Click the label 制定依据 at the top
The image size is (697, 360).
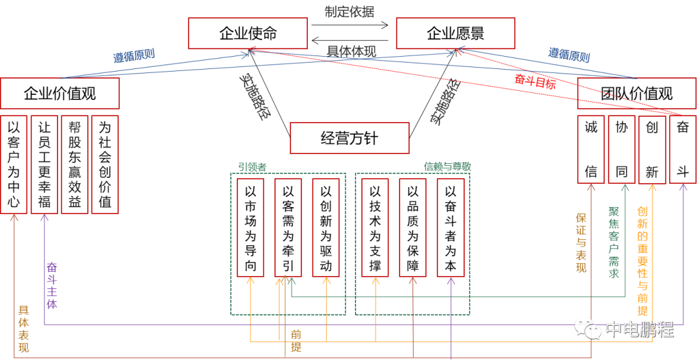pyautogui.click(x=349, y=12)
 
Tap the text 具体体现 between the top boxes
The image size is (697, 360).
pyautogui.click(x=351, y=51)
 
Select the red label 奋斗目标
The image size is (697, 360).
pyautogui.click(x=535, y=81)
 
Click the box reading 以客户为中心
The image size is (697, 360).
pyautogui.click(x=14, y=165)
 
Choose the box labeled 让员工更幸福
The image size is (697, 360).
pyautogui.click(x=45, y=165)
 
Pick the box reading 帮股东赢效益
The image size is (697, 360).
pyautogui.click(x=75, y=165)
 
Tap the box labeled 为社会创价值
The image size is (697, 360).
pyautogui.click(x=105, y=165)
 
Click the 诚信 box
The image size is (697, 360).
pyautogui.click(x=591, y=150)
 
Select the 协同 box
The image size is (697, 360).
pyautogui.click(x=621, y=150)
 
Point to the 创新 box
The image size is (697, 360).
pyautogui.click(x=652, y=150)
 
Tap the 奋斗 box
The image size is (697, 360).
pyautogui.click(x=683, y=150)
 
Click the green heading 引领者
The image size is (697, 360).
pyautogui.click(x=252, y=167)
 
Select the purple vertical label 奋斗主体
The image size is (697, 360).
pyautogui.click(x=52, y=285)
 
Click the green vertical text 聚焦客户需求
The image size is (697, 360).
pyautogui.click(x=614, y=243)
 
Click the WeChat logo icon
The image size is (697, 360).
pyautogui.click(x=587, y=328)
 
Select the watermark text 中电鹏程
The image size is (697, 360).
pyautogui.click(x=639, y=330)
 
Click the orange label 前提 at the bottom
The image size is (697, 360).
pyautogui.click(x=296, y=340)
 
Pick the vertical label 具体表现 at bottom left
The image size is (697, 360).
pyautogui.click(x=23, y=329)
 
